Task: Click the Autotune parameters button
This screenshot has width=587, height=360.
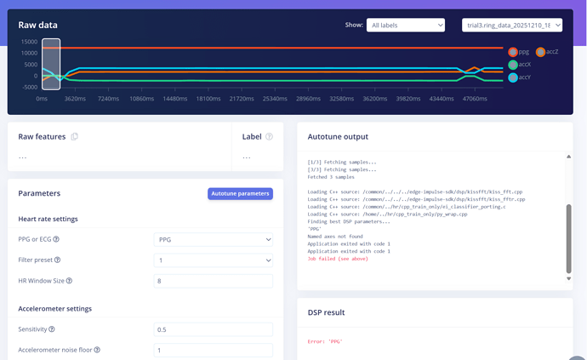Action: tap(240, 193)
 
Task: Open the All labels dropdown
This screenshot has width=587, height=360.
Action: tap(406, 26)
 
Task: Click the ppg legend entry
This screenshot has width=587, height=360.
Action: tap(518, 52)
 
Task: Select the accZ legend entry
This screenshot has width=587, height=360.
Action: tap(546, 52)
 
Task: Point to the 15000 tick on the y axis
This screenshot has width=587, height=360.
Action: tap(28, 42)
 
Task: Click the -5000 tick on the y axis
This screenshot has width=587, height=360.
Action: tap(28, 87)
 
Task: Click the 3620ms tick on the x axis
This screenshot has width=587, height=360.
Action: tap(75, 99)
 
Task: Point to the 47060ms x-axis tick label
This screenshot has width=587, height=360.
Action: tap(475, 99)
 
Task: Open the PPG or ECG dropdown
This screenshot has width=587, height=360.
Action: tap(214, 239)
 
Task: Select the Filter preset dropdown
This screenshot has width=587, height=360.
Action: tap(214, 260)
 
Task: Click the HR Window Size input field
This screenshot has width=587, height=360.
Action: tap(214, 281)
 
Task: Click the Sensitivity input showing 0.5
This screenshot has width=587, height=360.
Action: tap(214, 329)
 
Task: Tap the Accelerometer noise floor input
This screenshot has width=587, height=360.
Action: tap(214, 350)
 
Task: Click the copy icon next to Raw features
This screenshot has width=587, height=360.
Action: tap(75, 136)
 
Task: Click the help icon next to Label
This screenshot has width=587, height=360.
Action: tap(270, 136)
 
